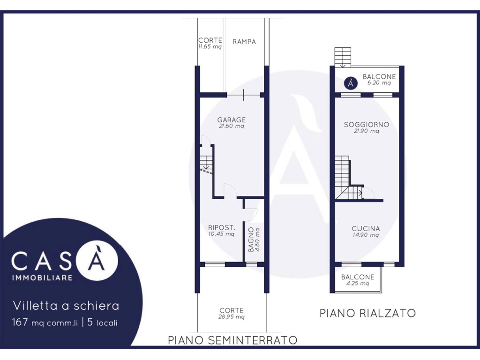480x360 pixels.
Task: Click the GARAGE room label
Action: click(x=232, y=120)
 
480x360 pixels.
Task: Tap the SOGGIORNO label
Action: click(x=367, y=125)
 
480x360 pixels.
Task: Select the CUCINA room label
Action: click(x=366, y=229)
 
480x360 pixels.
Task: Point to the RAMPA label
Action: click(x=244, y=42)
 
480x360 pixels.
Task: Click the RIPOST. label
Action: click(x=222, y=228)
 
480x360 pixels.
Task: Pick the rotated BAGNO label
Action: click(x=251, y=240)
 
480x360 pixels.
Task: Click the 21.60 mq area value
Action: click(x=232, y=126)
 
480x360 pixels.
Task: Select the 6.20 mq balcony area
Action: click(x=379, y=82)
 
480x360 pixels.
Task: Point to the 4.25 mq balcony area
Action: click(x=358, y=284)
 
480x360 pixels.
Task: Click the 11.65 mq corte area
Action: click(x=210, y=47)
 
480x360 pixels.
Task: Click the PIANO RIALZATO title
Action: click(x=367, y=313)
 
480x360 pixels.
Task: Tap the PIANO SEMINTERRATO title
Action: click(x=232, y=340)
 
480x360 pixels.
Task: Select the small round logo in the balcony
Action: click(x=351, y=83)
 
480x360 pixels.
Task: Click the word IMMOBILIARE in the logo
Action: click(x=42, y=278)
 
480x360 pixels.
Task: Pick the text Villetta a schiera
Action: click(x=66, y=306)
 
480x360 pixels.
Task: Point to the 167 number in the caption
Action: click(x=20, y=322)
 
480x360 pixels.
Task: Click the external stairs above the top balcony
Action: click(x=343, y=57)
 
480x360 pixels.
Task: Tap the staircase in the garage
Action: click(x=206, y=163)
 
